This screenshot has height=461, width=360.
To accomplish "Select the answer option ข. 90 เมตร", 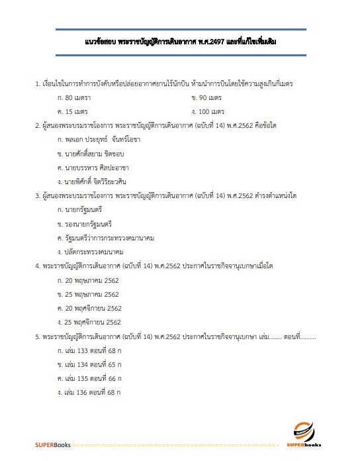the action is pos(210,98).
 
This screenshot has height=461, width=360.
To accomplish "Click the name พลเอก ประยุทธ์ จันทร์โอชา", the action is pos(103,139).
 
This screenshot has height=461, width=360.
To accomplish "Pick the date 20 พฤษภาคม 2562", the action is pos(88,280).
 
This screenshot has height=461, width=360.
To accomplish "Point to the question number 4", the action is pos(37,266).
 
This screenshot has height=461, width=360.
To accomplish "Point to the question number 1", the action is pos(37,84).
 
